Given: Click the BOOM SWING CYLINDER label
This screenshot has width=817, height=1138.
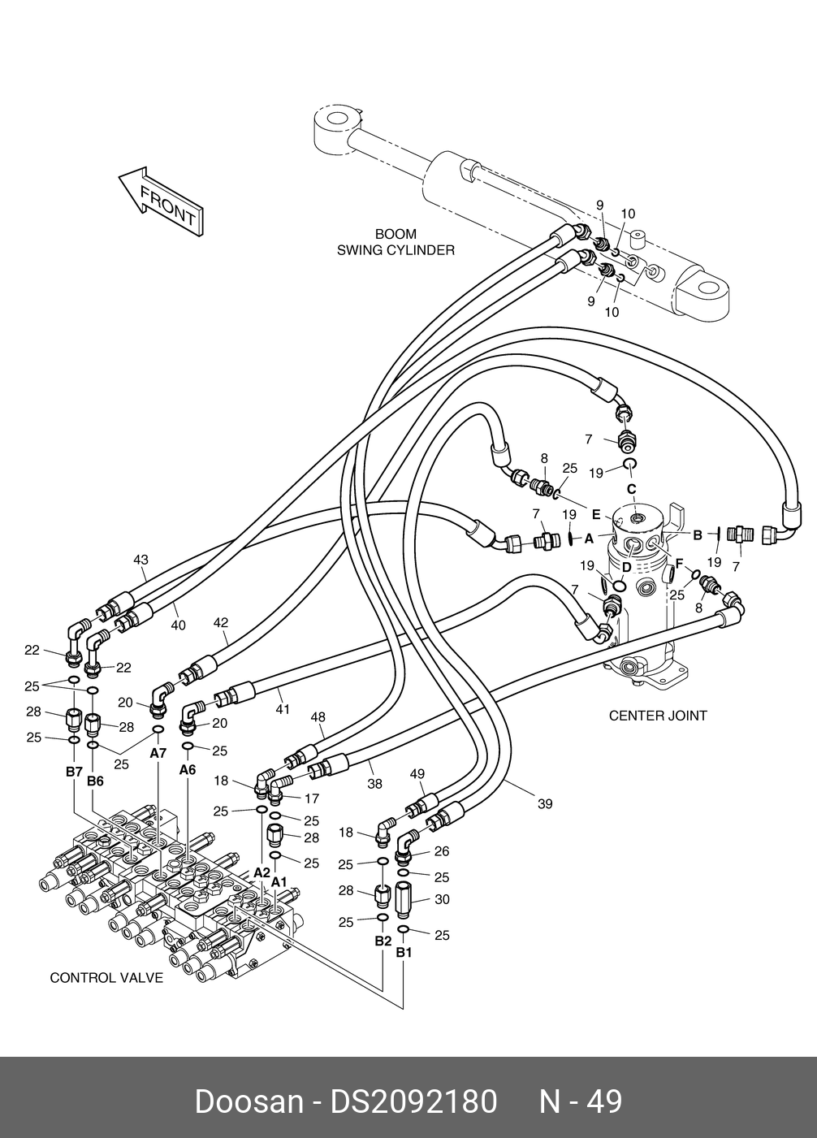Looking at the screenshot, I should click(x=396, y=243).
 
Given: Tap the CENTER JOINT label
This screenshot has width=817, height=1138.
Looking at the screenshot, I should click(x=658, y=716).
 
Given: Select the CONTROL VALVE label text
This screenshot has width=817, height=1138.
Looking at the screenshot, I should click(x=106, y=977).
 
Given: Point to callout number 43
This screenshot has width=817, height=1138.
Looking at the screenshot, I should click(x=141, y=560).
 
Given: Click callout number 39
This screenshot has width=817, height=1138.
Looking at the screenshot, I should click(x=544, y=803).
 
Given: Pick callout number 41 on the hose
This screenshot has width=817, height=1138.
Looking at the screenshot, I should click(x=282, y=709).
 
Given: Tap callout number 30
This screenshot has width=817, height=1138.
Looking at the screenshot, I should click(x=442, y=899).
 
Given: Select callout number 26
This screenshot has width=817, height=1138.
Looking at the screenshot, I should click(x=442, y=852).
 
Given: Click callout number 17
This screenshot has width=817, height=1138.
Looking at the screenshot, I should click(x=311, y=798).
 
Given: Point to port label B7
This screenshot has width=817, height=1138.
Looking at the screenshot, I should click(x=74, y=771).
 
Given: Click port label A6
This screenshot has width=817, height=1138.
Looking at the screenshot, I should click(x=188, y=769).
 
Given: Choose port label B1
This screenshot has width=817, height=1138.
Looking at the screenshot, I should click(x=404, y=952).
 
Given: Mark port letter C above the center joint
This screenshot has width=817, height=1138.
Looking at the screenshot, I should click(x=631, y=489).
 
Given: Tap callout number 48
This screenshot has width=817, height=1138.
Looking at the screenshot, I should click(x=318, y=717).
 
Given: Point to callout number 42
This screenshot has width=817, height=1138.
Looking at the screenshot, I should click(x=220, y=623).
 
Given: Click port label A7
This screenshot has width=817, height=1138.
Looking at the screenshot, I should click(x=158, y=753).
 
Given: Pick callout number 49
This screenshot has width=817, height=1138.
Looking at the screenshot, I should click(x=417, y=773).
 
